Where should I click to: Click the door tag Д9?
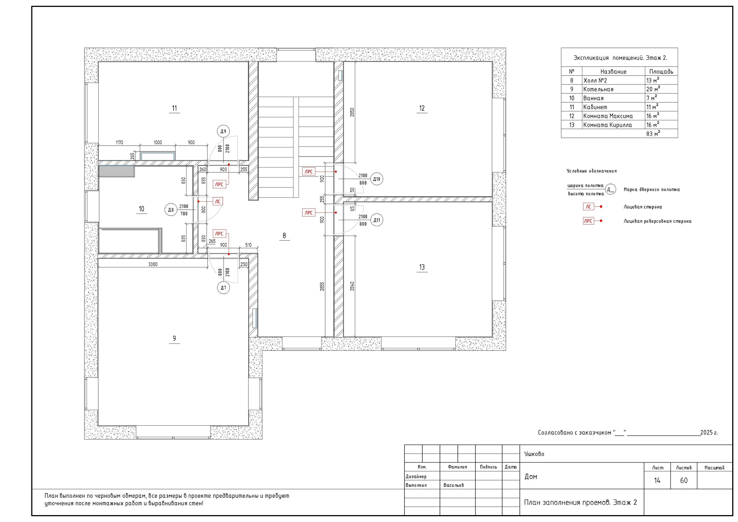(223, 131)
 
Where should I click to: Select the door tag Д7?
(223, 288)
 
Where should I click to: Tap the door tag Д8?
(171, 210)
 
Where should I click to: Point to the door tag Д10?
(377, 179)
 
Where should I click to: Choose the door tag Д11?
(377, 220)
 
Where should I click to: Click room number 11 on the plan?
(174, 108)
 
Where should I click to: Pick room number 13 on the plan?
(422, 267)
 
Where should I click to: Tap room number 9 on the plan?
(174, 338)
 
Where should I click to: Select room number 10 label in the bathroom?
(142, 209)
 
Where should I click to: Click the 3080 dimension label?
(153, 264)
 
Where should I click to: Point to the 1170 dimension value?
(119, 142)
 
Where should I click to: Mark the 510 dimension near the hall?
(248, 245)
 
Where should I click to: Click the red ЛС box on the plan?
(218, 202)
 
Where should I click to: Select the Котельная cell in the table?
(598, 89)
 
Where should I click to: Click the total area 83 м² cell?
(653, 133)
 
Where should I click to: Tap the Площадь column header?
(661, 72)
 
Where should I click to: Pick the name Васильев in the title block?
(453, 485)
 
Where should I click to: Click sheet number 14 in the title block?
(657, 480)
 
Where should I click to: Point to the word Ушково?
(534, 454)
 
